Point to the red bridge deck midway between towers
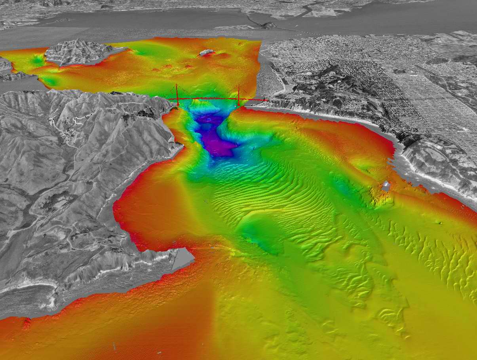208,99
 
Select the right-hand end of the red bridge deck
267,100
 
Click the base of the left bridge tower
178,104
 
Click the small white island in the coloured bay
206,52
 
